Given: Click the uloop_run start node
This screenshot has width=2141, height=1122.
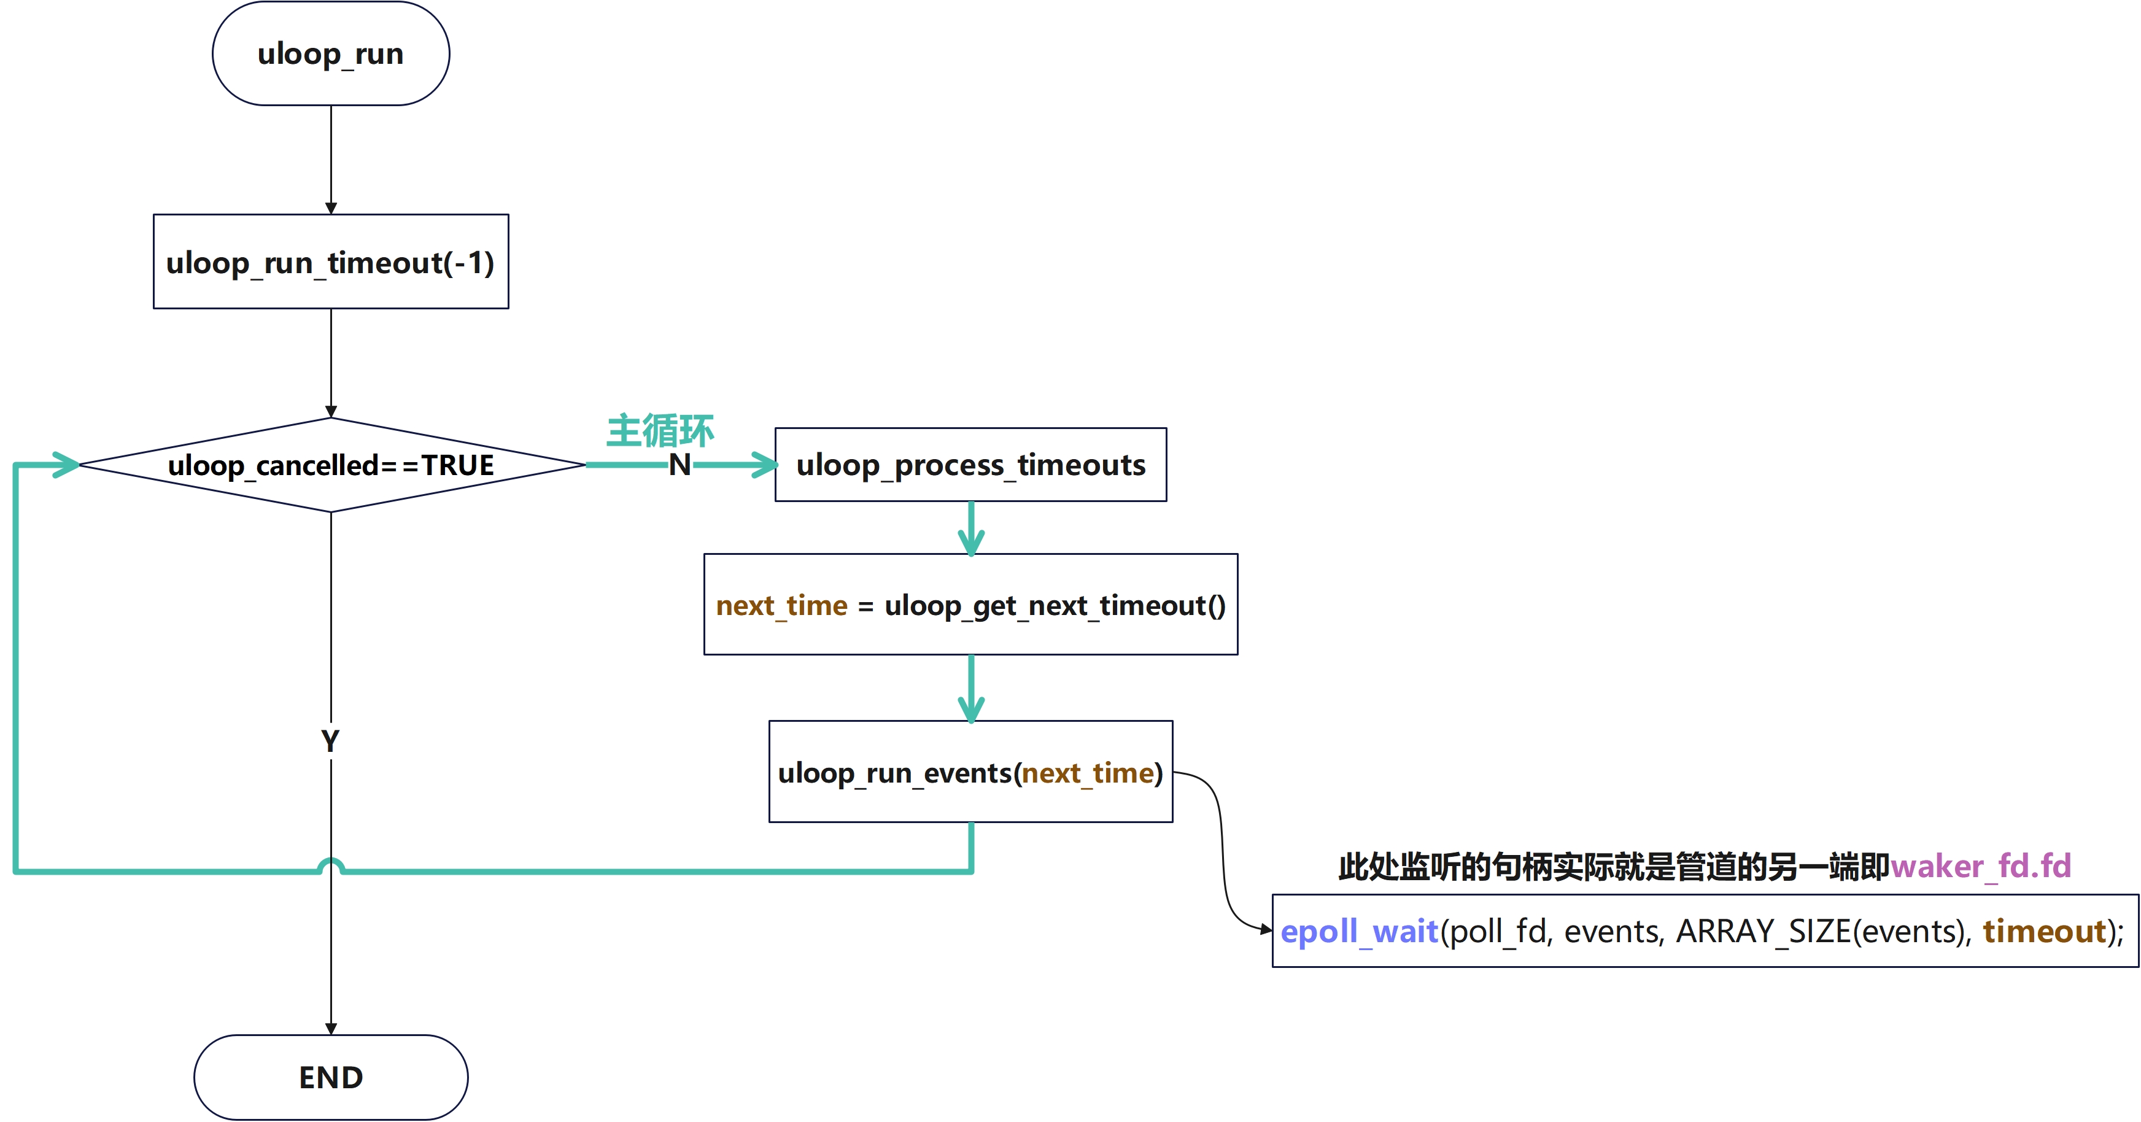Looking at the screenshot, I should pyautogui.click(x=331, y=53).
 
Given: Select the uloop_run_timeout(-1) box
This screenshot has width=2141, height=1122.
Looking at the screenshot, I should pyautogui.click(x=331, y=262).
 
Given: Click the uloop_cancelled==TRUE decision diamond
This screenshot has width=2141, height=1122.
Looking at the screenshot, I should pyautogui.click(x=331, y=465).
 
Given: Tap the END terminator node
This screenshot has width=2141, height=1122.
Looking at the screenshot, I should pyautogui.click(x=331, y=1077).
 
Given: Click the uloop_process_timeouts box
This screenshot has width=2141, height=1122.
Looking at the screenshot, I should pyautogui.click(x=971, y=465).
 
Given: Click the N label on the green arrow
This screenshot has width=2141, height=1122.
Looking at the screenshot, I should pyautogui.click(x=680, y=465).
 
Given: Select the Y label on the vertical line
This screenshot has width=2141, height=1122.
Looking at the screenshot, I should pyautogui.click(x=330, y=740).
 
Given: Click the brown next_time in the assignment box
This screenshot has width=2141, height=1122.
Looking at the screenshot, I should pyautogui.click(x=781, y=605).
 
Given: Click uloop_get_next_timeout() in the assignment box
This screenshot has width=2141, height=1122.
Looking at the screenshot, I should pyautogui.click(x=1055, y=605).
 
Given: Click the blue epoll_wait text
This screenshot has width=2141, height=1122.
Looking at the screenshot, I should pyautogui.click(x=1359, y=931).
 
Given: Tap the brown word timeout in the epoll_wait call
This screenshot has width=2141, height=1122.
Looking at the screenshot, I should pyautogui.click(x=2044, y=931).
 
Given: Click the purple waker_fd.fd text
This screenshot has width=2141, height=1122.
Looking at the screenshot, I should pyautogui.click(x=1981, y=866).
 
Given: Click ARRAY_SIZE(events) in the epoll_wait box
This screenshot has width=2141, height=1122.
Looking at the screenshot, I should pyautogui.click(x=1820, y=931).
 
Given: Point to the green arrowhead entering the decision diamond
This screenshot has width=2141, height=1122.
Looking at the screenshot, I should pyautogui.click(x=66, y=465).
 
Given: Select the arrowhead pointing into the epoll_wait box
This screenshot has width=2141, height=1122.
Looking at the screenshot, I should pyautogui.click(x=1265, y=929).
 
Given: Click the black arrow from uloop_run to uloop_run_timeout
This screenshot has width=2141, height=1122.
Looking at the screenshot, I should pyautogui.click(x=331, y=158).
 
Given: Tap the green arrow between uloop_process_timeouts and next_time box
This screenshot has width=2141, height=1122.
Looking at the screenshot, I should pyautogui.click(x=971, y=528).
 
